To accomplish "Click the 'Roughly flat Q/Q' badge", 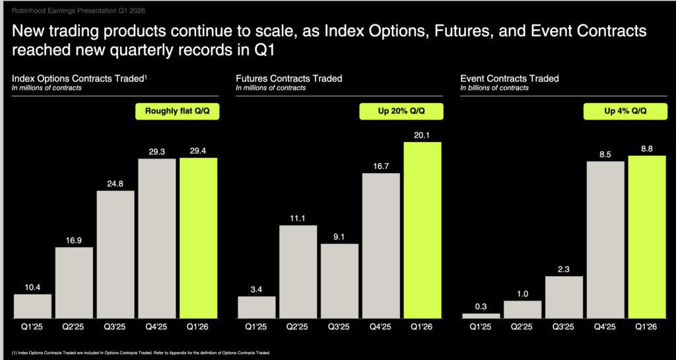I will [177, 112].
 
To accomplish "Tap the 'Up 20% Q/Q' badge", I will [401, 112].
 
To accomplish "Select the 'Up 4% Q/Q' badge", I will [625, 112].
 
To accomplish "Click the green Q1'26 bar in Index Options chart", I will [198, 238].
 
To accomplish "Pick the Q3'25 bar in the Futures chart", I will [339, 281].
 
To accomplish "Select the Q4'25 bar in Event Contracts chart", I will [605, 239].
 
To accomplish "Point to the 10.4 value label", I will [32, 286].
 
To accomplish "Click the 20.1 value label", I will [422, 134].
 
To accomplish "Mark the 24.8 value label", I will [116, 183].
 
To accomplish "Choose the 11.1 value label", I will [298, 217].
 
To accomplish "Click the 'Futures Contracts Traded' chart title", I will [289, 79].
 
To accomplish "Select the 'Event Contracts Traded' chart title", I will [510, 79].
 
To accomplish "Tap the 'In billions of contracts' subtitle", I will [494, 88].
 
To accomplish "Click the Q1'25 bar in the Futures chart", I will [256, 307].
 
